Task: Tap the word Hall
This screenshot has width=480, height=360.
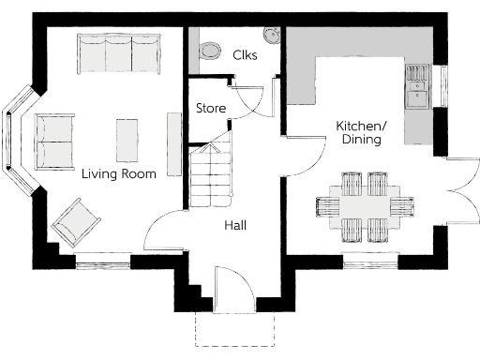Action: [x=235, y=225]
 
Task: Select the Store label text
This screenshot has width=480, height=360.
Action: [x=210, y=109]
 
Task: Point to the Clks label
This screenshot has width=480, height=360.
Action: [x=246, y=55]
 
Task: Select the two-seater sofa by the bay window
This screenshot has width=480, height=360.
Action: [x=54, y=141]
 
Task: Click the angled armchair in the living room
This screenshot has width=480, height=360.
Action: [x=76, y=223]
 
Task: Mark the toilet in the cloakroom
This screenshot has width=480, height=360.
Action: [x=208, y=48]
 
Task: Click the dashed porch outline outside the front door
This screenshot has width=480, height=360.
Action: [x=234, y=330]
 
